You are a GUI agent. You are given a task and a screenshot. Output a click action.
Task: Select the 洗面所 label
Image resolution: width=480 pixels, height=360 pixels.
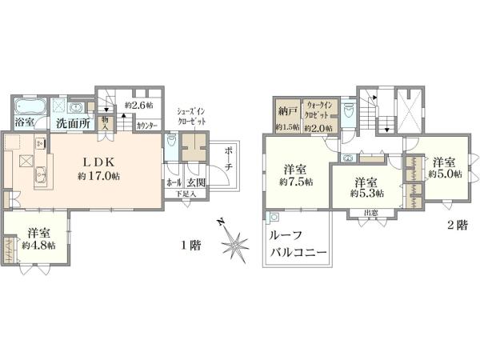[x=72, y=124]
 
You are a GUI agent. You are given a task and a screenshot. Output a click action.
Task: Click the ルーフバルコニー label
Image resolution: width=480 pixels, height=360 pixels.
[x=296, y=244]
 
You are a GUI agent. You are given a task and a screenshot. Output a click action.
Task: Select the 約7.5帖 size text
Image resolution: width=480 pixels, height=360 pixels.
[x=296, y=182]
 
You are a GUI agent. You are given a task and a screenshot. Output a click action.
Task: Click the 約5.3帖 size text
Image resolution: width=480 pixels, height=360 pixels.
[x=367, y=193]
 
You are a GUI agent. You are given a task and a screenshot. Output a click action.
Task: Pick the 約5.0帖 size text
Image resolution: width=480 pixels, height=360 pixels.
[x=445, y=174]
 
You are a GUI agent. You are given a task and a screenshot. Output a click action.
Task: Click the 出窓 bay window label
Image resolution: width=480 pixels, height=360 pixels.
[x=370, y=211]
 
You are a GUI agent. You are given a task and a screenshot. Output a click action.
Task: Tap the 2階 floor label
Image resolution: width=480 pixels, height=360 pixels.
[x=456, y=226]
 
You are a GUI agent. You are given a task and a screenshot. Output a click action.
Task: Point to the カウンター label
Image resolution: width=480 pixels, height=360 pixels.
[x=147, y=126]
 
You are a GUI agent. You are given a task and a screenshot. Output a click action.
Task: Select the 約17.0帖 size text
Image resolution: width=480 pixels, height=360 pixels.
[x=98, y=175]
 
